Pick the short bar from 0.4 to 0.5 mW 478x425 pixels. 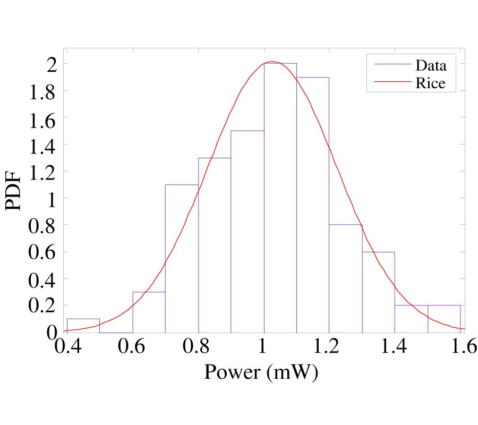pyautogui.click(x=83, y=325)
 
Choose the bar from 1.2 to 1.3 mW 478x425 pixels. pyautogui.click(x=346, y=278)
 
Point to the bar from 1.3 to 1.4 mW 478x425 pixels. pyautogui.click(x=378, y=292)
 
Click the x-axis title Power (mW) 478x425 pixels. pyautogui.click(x=261, y=372)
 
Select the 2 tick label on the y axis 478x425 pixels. pyautogui.click(x=51, y=64)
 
